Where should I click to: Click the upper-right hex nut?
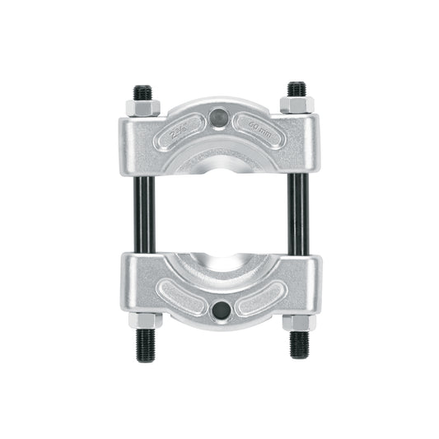click(x=297, y=105)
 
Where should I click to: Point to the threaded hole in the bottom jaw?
click(x=220, y=311)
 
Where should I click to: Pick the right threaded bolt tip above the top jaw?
click(x=297, y=88)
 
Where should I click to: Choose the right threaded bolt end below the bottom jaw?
click(x=300, y=343)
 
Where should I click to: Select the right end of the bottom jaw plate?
click(x=314, y=284)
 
